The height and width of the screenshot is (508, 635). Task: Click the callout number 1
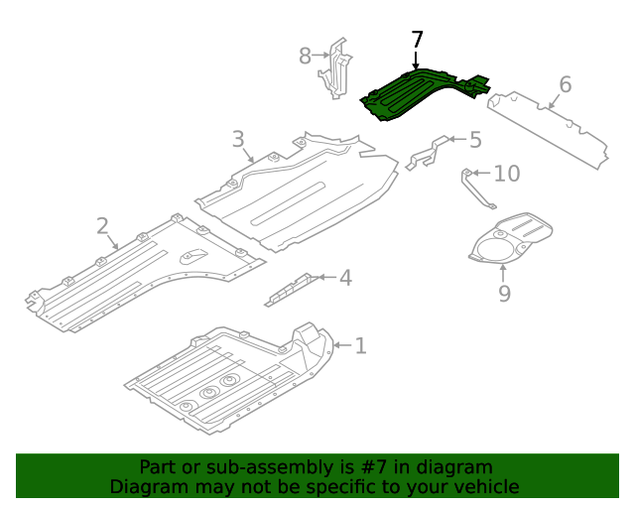pos(360,345)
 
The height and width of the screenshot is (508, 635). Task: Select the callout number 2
pos(103,226)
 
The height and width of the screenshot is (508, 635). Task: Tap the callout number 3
pos(238,139)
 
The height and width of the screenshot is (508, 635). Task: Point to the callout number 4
pos(345,278)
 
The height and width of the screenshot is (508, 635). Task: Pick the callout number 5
pos(474,140)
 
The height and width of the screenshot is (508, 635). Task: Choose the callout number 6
pos(565,85)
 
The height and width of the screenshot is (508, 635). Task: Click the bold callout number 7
pos(417,40)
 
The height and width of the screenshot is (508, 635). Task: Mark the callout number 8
pos(306,56)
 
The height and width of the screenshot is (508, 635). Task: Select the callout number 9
pos(504,293)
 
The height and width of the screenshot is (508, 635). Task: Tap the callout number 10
pos(506,174)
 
